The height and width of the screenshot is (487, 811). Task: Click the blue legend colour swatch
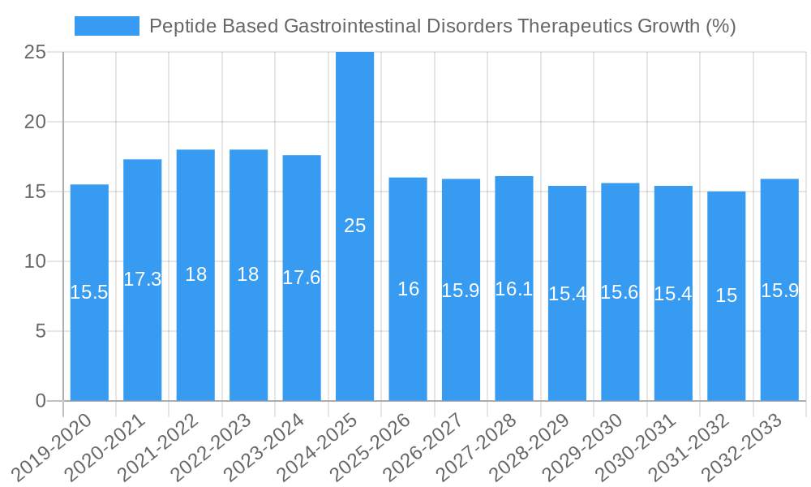tap(106, 26)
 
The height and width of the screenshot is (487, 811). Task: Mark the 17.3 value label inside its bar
tap(143, 279)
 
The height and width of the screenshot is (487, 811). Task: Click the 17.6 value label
tap(302, 278)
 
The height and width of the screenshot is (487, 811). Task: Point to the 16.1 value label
tap(514, 289)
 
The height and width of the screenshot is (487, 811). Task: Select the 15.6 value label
tap(620, 292)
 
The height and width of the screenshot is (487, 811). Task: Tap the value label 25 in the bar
tap(355, 226)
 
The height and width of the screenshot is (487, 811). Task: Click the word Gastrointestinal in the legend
tap(353, 26)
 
